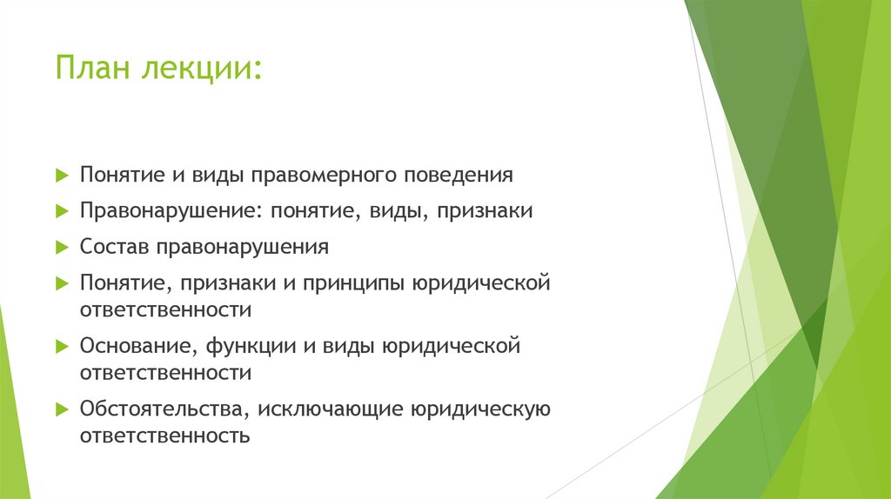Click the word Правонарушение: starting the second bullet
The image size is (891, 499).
(x=171, y=211)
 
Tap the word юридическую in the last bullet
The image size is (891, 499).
(x=481, y=409)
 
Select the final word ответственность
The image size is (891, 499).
(x=165, y=435)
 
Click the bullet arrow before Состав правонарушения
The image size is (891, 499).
(x=61, y=247)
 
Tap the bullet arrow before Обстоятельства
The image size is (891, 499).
(x=61, y=409)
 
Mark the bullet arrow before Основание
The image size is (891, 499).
(x=61, y=346)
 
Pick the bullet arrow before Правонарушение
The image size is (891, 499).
(x=61, y=211)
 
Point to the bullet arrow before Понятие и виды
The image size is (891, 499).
(x=61, y=176)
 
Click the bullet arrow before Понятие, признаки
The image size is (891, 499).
(x=61, y=283)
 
